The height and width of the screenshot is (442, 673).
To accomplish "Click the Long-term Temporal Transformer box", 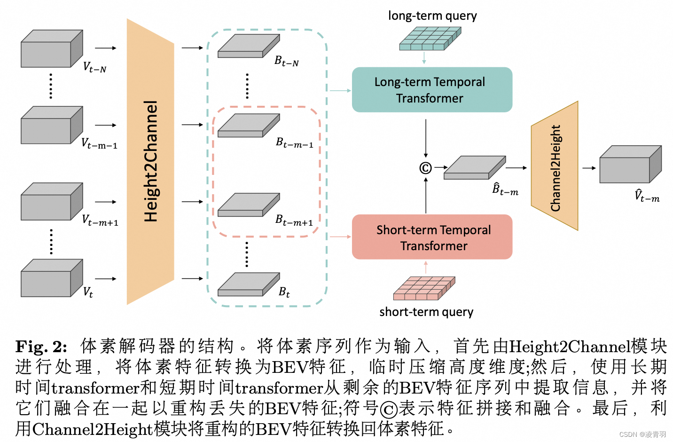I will point(432,90).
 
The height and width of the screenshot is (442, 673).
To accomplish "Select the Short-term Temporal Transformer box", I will point(432,237).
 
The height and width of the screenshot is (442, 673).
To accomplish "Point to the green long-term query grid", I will point(430,39).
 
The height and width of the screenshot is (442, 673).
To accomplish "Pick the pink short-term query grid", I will point(424,288).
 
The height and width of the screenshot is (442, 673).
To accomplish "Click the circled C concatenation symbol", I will point(425,168).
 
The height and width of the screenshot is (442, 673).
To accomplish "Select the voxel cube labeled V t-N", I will point(51,49).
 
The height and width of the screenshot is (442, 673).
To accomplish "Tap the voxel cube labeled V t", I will point(51,278).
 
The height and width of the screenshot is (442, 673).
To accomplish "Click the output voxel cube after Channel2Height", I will point(630,165).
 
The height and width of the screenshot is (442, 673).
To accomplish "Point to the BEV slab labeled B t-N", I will point(248,47).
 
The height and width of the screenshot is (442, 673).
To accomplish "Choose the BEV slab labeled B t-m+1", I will point(248,205).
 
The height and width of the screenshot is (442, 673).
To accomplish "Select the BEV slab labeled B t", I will point(248,285).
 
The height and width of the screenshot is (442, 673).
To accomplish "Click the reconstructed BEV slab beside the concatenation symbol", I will point(474,168).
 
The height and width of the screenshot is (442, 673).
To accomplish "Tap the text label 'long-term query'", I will point(432,16).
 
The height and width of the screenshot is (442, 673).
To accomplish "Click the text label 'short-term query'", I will point(426,312).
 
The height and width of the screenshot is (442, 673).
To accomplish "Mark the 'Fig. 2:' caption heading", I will point(41,347).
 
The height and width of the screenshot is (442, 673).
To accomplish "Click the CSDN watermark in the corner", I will point(642,434).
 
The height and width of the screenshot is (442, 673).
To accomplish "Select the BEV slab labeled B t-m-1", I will point(248,126).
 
